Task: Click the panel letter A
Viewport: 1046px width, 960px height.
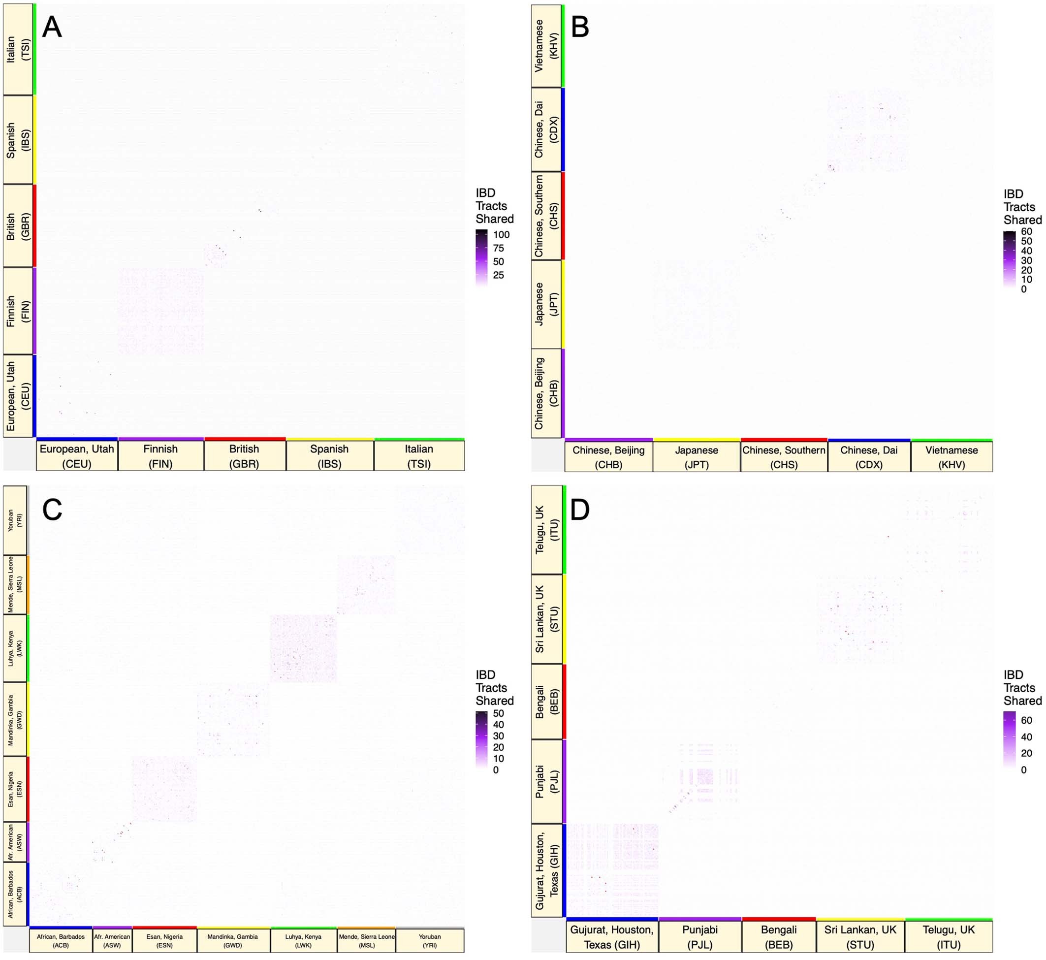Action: click(x=52, y=27)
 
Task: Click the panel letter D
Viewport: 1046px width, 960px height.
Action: click(x=580, y=510)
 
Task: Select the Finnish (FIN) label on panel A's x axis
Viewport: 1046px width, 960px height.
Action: click(x=160, y=456)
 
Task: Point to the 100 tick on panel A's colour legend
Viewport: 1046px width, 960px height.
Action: click(x=501, y=235)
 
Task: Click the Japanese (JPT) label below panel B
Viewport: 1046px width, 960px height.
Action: click(x=697, y=457)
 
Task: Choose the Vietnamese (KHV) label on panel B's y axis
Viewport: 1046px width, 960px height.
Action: click(x=546, y=46)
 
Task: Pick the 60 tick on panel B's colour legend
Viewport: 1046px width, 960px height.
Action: click(x=1026, y=232)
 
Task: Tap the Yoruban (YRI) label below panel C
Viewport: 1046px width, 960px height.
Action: click(x=430, y=941)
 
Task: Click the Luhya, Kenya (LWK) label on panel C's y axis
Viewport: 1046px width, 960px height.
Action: click(x=15, y=648)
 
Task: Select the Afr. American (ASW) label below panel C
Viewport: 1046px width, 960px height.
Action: click(x=112, y=941)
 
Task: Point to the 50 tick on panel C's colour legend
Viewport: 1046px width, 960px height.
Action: click(x=498, y=714)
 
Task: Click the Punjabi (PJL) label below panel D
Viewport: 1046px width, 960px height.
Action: click(x=699, y=937)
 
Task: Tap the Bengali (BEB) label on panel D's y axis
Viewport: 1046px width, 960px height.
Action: click(x=546, y=702)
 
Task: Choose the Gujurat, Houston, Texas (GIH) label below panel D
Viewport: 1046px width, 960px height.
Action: click(x=612, y=937)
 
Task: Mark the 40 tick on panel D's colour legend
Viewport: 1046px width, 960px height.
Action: click(x=1026, y=736)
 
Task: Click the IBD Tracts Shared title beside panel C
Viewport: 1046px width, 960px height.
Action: click(x=494, y=688)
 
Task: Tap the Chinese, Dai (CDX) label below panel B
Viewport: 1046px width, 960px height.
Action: click(x=869, y=457)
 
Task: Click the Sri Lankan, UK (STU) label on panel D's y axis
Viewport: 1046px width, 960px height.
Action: click(x=546, y=619)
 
